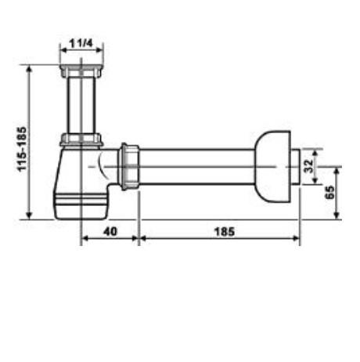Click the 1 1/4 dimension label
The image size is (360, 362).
(81, 43)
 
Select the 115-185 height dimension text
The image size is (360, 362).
(22, 149)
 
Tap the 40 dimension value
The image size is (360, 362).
(110, 231)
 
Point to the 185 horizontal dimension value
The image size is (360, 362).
(225, 232)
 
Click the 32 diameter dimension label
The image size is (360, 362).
(308, 166)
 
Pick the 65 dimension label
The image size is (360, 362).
(329, 192)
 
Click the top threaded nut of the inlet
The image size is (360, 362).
(81, 71)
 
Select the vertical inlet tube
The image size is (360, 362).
(81, 105)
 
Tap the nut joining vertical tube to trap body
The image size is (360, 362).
(81, 139)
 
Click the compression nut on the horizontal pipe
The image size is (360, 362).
(130, 166)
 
